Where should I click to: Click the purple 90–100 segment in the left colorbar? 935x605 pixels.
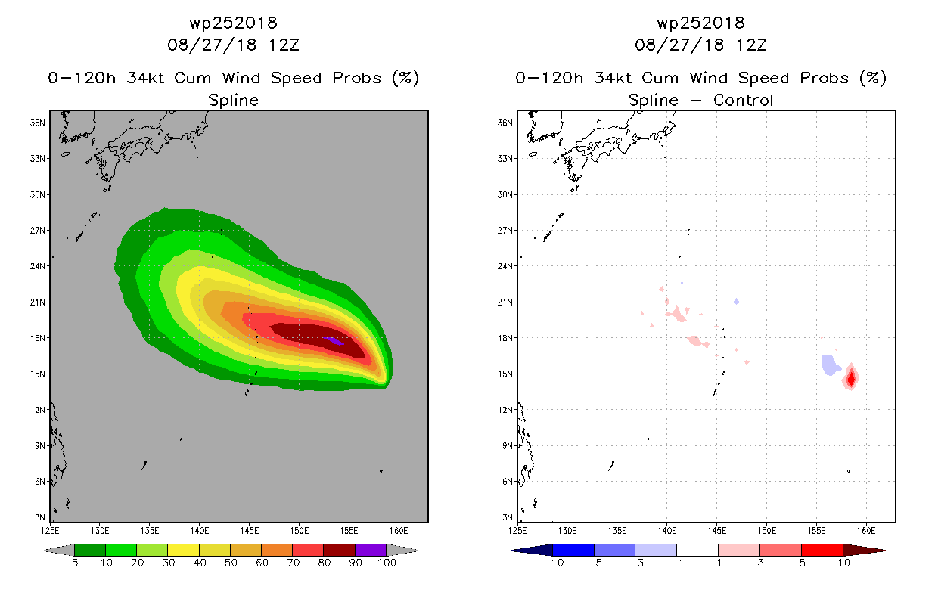point(371,550)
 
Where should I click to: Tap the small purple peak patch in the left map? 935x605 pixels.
point(334,341)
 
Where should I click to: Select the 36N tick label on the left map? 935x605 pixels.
point(37,123)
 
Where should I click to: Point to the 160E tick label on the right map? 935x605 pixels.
point(866,531)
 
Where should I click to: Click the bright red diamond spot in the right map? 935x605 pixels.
point(851,378)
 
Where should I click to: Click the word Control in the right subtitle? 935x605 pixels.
point(744,100)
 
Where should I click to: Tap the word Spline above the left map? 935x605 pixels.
point(234,100)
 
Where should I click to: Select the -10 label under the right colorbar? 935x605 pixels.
point(553,563)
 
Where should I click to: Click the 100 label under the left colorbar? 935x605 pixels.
point(387,563)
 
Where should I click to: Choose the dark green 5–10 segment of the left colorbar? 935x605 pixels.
point(90,550)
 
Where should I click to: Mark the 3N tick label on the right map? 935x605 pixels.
point(507,517)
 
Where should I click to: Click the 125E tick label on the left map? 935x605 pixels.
point(50,531)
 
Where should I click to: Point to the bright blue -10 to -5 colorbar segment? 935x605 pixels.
point(573,550)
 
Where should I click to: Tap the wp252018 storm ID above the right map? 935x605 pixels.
point(701,23)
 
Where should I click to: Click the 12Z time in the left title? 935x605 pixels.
point(284,45)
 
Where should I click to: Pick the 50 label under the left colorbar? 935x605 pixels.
point(231,563)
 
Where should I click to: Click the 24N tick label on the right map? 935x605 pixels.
point(505,266)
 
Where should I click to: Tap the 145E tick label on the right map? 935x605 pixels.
point(716,531)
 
